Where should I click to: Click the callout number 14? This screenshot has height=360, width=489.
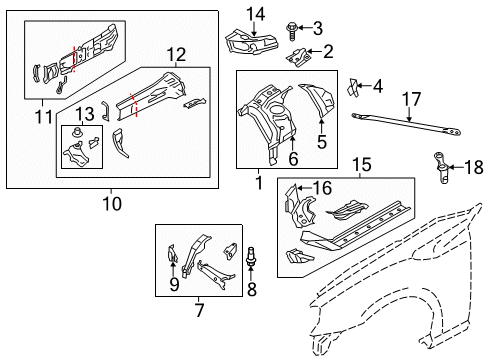[x=256, y=13]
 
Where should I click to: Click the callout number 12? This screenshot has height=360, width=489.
[x=176, y=53]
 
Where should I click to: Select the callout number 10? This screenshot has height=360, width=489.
[x=110, y=204]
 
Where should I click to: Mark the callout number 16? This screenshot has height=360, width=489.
[x=322, y=187]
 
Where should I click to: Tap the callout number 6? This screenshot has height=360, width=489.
[x=293, y=156]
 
